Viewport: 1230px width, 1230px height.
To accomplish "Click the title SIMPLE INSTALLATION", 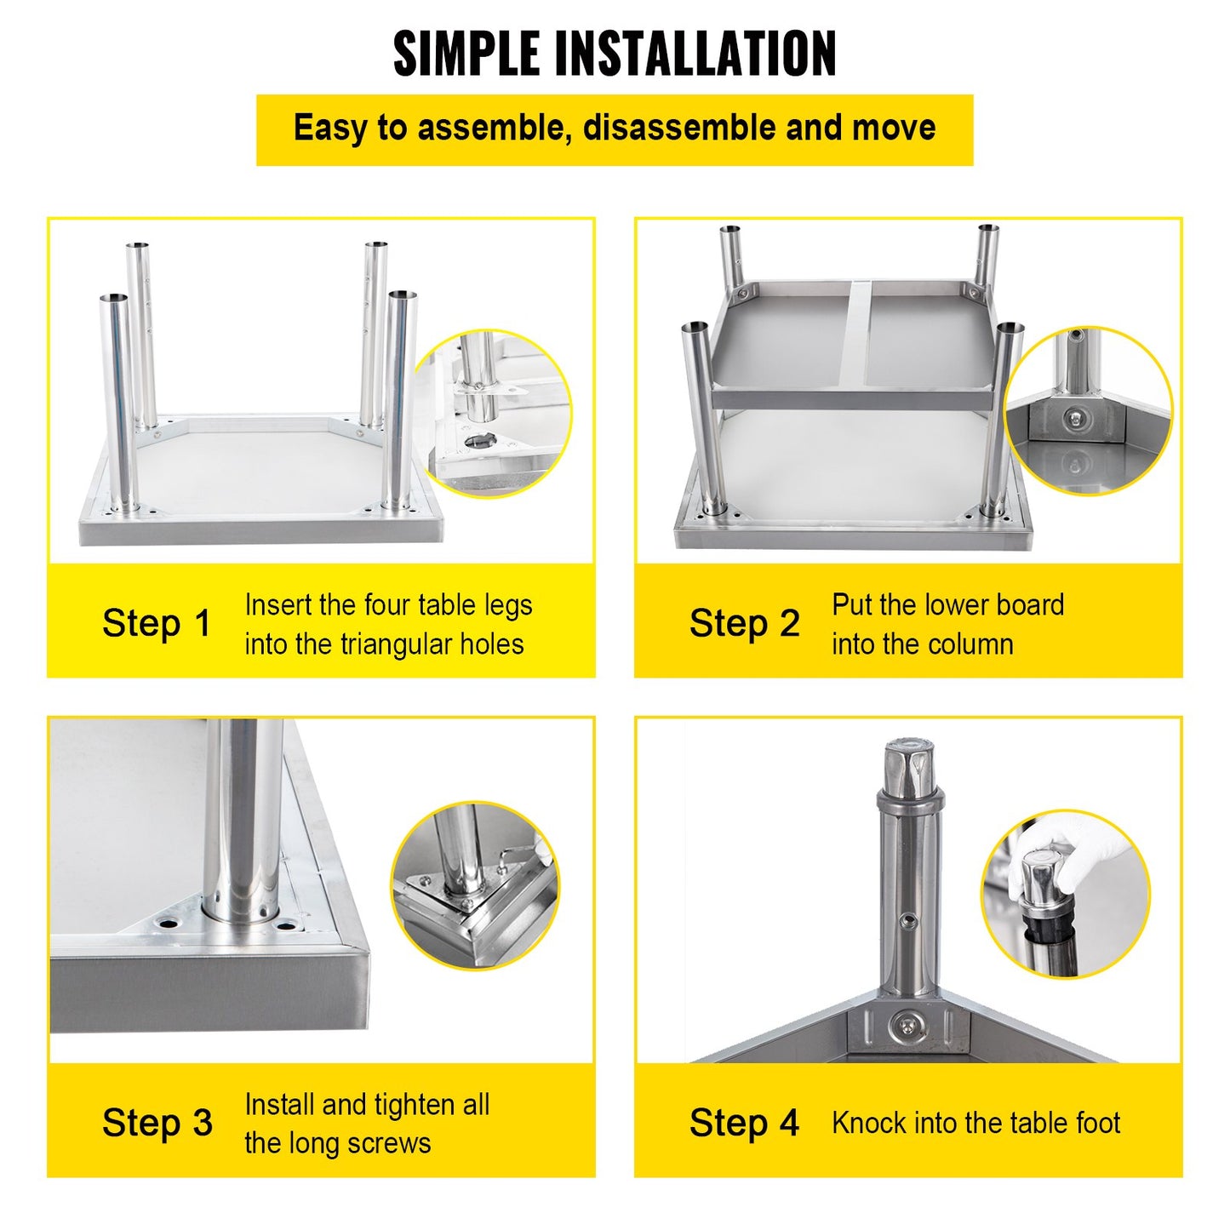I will [x=615, y=54].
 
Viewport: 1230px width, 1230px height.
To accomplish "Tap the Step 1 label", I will [x=157, y=623].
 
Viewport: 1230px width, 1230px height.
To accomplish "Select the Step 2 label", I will [x=744, y=623].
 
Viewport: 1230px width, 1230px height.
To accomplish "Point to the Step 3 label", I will [x=157, y=1123].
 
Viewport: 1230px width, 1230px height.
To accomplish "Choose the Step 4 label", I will [x=744, y=1123].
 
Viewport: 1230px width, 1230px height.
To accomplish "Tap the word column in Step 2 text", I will [x=970, y=644].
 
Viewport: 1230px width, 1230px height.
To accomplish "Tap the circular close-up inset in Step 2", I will [x=1088, y=410].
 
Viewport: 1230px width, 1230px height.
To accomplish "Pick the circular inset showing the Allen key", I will [x=475, y=885].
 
